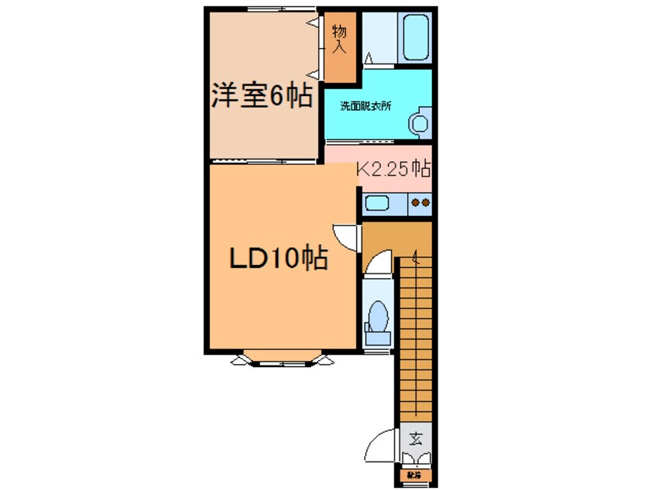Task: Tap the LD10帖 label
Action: [278, 258]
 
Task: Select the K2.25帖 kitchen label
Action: [393, 168]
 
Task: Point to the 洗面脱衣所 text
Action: [367, 106]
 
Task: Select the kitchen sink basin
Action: [377, 204]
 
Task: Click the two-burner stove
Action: [420, 204]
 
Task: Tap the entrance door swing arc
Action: [383, 448]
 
